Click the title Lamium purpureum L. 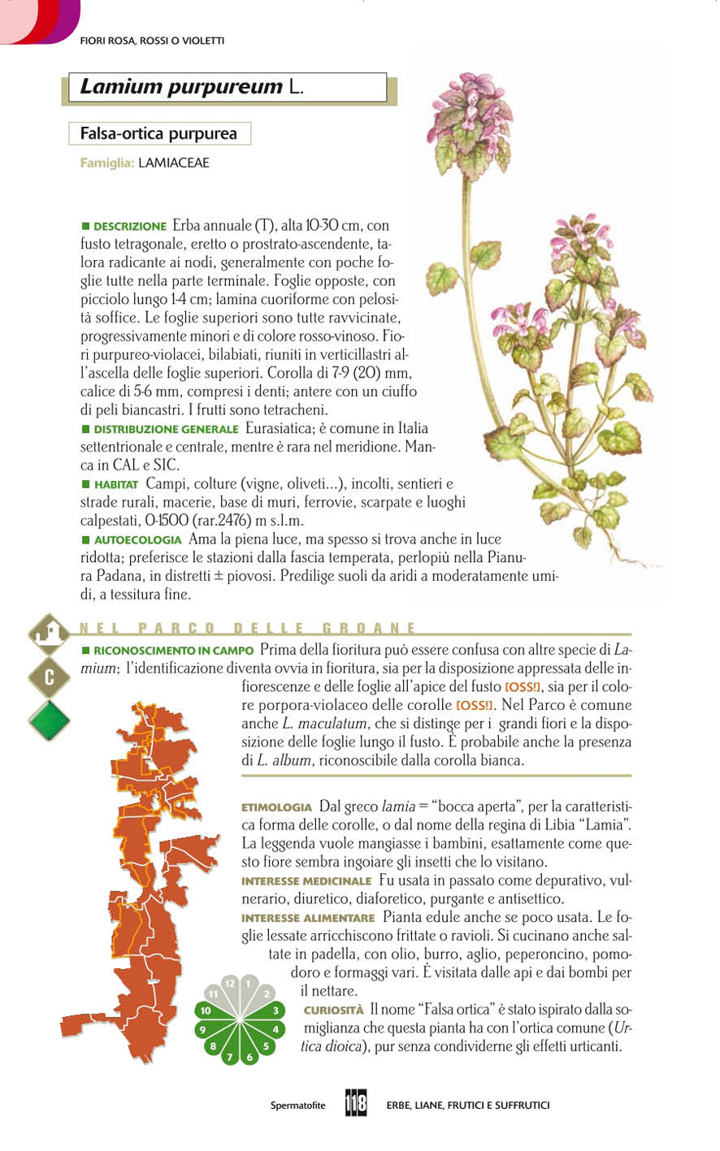click(x=192, y=87)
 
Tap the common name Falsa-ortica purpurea click(x=158, y=133)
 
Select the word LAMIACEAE click(x=174, y=163)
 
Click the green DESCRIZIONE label click(x=129, y=226)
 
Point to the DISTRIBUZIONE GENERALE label click(x=165, y=429)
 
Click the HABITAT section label click(x=116, y=484)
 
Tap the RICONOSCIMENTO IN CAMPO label click(x=173, y=651)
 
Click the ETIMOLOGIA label click(x=276, y=807)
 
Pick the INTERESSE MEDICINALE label click(x=306, y=881)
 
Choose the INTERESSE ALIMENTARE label click(x=308, y=918)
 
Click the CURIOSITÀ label click(x=333, y=1010)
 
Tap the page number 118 click(x=356, y=1104)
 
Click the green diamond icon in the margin click(x=49, y=720)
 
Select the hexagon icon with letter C click(x=49, y=678)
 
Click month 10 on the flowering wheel click(x=206, y=1011)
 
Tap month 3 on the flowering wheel click(x=276, y=1011)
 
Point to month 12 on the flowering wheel click(x=230, y=984)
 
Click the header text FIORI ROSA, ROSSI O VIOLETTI click(x=152, y=41)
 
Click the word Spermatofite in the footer click(x=297, y=1106)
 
